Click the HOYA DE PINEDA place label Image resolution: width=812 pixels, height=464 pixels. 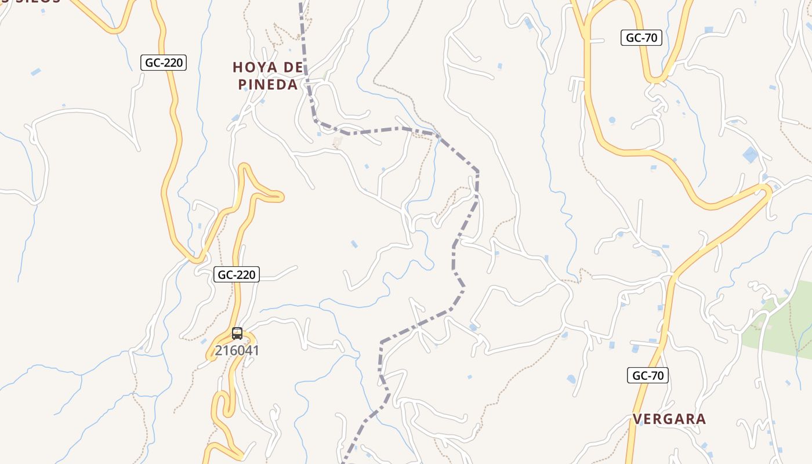point(268,76)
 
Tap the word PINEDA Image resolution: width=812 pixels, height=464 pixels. point(268,85)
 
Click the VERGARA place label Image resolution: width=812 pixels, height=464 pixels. point(669,419)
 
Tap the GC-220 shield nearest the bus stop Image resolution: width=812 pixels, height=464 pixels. point(236,274)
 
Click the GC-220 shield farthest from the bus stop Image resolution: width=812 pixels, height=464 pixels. point(164,63)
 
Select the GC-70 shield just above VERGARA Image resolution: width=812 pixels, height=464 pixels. point(648,375)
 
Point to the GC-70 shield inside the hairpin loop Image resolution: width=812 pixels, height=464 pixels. point(641,38)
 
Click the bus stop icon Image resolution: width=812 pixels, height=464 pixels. point(237,333)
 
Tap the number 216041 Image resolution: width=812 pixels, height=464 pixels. point(237,350)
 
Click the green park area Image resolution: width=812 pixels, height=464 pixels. point(777,328)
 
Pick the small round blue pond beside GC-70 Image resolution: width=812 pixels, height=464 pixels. point(612,120)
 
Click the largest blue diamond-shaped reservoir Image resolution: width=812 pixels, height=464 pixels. point(750,155)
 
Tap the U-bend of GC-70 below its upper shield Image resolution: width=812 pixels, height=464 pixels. point(656,79)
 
